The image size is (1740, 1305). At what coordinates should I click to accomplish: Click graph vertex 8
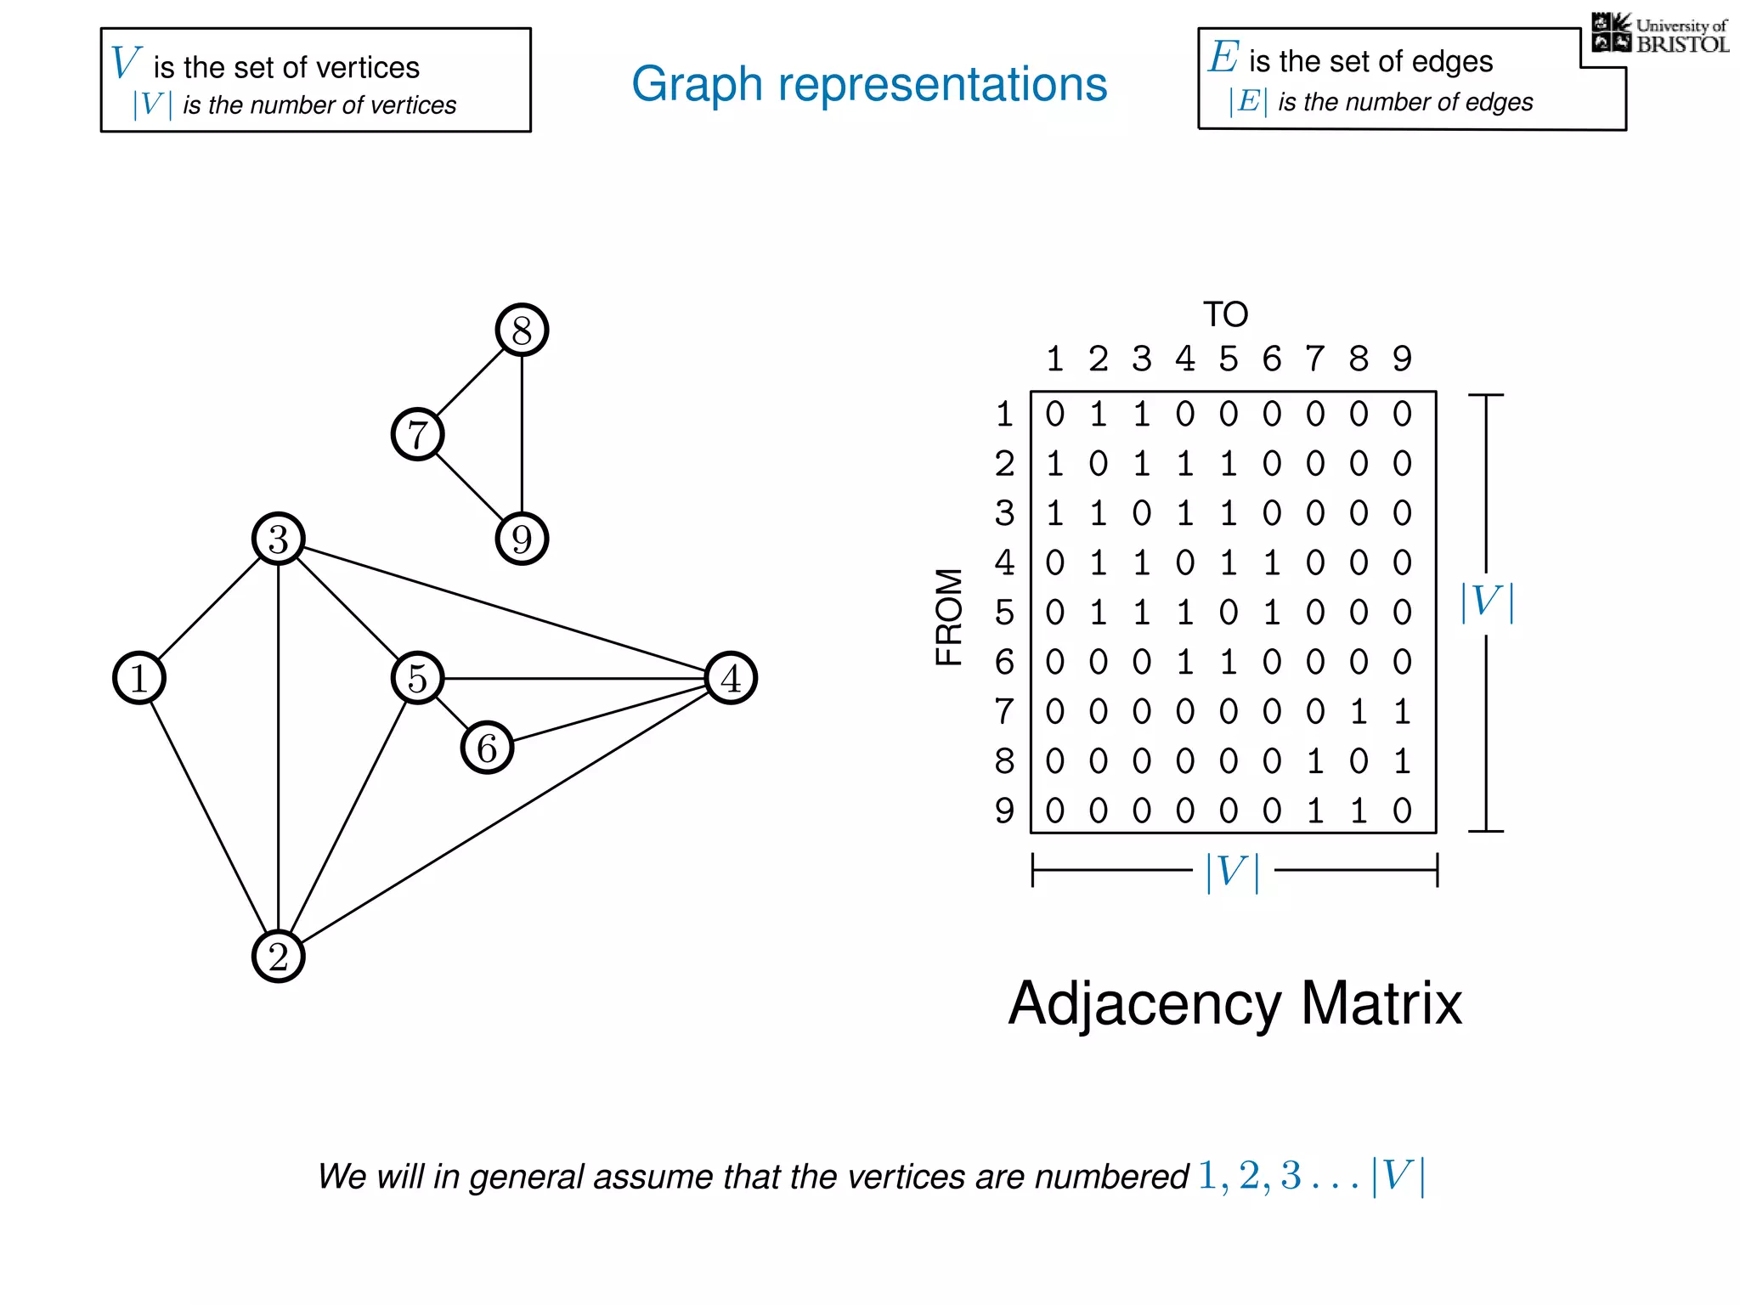pos(522,330)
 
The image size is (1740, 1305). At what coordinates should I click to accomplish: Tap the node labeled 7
pos(417,434)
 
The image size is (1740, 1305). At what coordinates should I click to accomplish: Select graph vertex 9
pos(522,539)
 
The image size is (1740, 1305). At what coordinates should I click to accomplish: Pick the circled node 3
pos(279,539)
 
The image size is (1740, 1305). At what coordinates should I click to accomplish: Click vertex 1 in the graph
pos(139,678)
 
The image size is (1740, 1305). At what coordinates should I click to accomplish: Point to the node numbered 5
pos(417,678)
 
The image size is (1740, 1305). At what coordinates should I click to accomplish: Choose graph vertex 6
pos(487,748)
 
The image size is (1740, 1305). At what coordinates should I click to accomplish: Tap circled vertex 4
pos(731,678)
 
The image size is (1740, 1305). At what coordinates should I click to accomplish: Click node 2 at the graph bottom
pos(279,956)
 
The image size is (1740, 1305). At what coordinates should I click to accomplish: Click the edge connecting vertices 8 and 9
pos(522,434)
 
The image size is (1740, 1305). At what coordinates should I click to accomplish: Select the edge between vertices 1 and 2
pos(209,817)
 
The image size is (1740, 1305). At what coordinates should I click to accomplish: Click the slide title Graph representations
pos(869,84)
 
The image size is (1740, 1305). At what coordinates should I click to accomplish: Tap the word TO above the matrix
pos(1225,314)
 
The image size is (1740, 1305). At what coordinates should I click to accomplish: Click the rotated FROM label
pos(949,617)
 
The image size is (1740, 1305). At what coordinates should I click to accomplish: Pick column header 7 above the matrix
pos(1314,359)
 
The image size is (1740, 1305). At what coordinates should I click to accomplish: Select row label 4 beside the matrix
pos(1004,562)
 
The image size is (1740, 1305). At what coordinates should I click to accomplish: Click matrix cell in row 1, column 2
pos(1098,414)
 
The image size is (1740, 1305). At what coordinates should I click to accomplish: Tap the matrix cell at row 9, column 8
pos(1358,811)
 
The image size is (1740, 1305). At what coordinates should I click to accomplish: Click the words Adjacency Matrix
pos(1234,1003)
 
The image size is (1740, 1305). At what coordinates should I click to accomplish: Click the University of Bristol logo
pos(1659,34)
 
